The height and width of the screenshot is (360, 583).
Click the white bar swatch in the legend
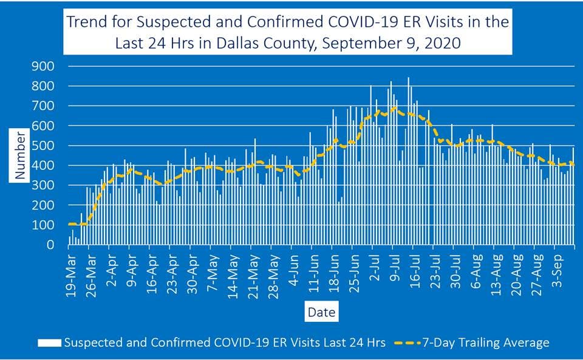click(x=50, y=343)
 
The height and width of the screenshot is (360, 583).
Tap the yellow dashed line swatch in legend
click(x=409, y=343)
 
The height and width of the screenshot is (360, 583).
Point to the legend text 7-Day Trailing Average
click(x=488, y=343)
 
